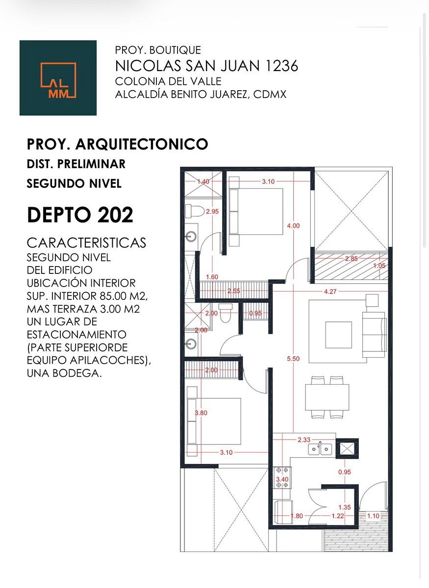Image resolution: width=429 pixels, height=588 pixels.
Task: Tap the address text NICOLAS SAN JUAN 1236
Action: click(x=206, y=66)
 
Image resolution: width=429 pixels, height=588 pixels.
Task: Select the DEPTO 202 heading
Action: click(x=80, y=215)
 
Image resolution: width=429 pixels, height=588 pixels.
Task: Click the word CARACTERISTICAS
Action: click(x=86, y=243)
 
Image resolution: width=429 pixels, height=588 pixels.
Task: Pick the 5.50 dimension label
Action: click(x=293, y=359)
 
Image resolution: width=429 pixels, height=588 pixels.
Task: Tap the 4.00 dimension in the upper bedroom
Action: click(x=293, y=226)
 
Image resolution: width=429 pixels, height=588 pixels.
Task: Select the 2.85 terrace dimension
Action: click(x=351, y=259)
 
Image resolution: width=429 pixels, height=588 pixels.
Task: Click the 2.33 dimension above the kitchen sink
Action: click(x=303, y=440)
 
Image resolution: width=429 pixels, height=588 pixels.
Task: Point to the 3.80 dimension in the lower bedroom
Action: click(x=201, y=413)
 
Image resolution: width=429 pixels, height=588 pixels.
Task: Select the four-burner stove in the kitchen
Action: click(x=281, y=478)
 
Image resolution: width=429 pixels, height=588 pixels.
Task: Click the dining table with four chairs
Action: click(x=327, y=397)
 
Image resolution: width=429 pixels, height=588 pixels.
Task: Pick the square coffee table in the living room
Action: click(x=338, y=335)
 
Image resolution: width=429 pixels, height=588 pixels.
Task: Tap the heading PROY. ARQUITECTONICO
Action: click(x=118, y=144)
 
